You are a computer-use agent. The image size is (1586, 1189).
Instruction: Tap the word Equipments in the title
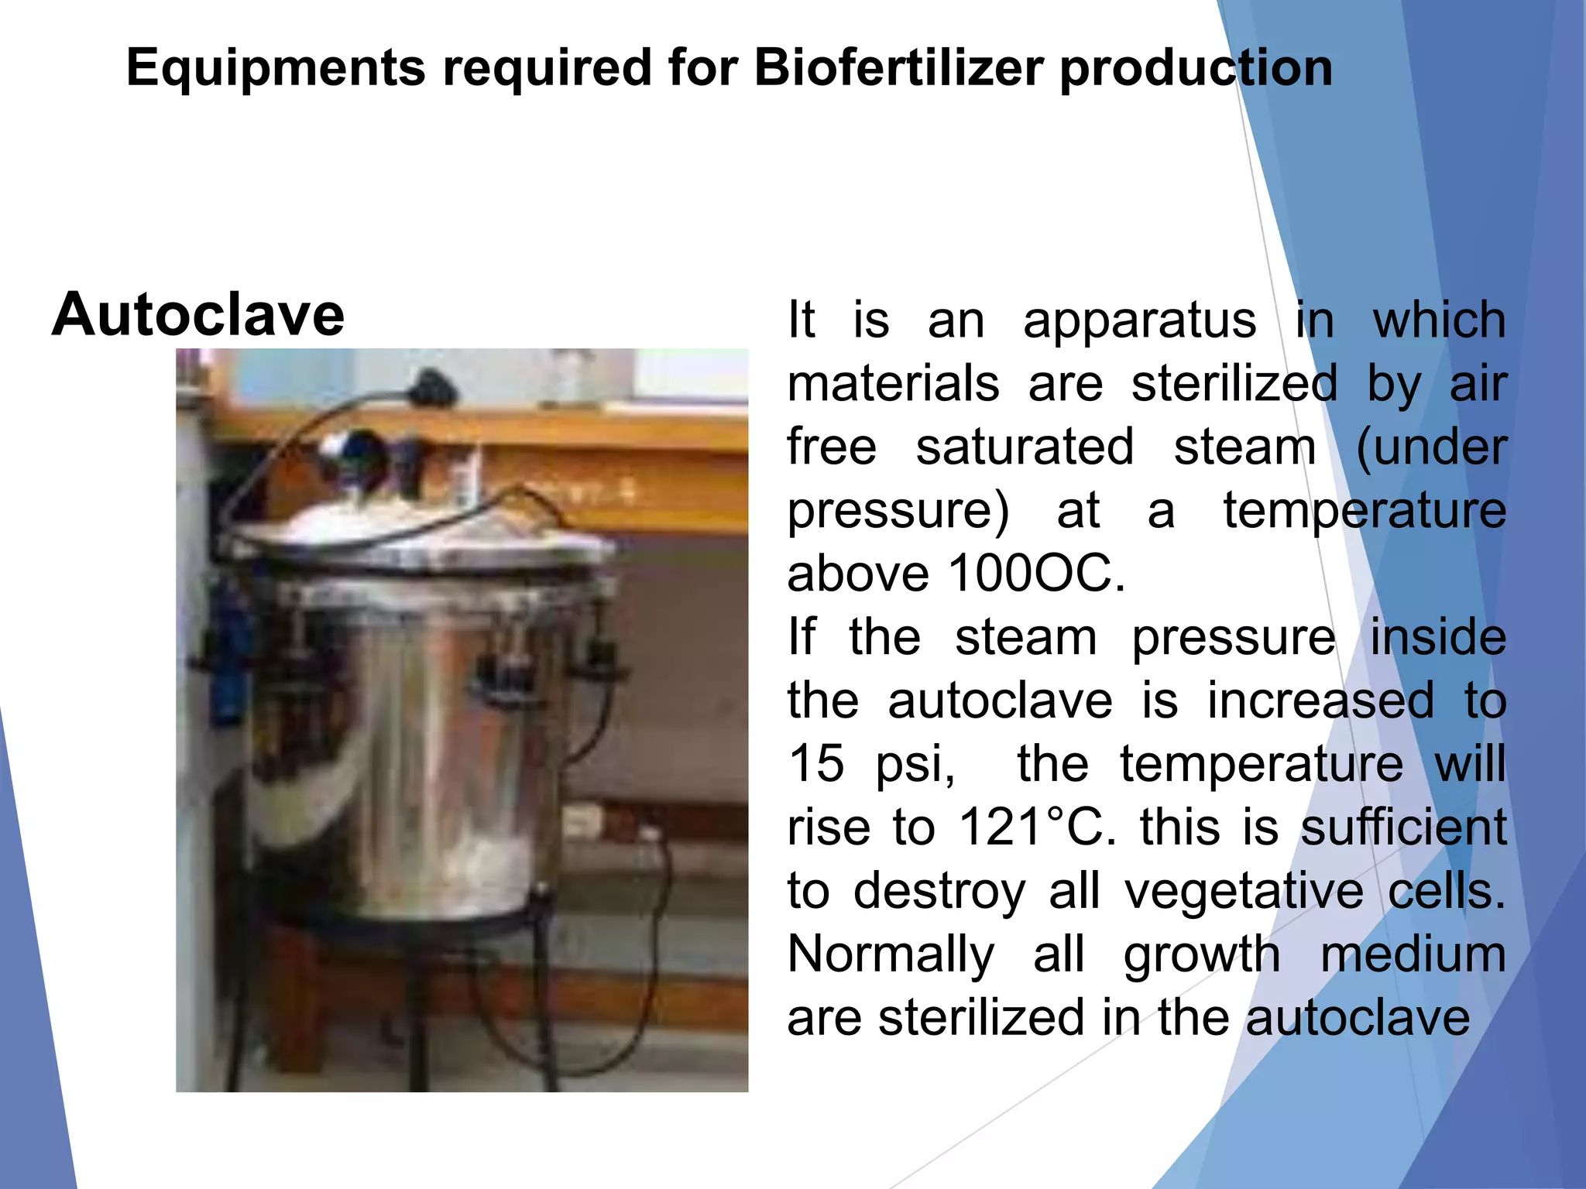[276, 68]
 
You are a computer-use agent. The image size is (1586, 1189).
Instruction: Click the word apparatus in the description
[1139, 320]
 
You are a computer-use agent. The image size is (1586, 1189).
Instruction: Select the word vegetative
[1244, 890]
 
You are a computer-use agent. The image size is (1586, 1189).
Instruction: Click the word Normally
[891, 954]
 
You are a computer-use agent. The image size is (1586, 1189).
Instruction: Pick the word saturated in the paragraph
[1025, 447]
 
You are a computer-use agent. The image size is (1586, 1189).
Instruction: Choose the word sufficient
[1403, 827]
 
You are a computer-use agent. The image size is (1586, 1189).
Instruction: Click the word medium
[1413, 954]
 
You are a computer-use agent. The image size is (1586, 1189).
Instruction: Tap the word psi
[915, 765]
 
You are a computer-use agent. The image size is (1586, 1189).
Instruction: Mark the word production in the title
[1196, 68]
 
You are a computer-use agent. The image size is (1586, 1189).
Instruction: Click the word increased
[1320, 701]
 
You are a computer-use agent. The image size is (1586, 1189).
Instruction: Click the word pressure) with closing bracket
[898, 512]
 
